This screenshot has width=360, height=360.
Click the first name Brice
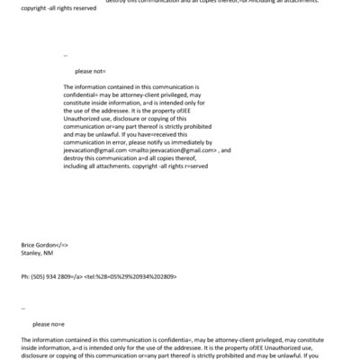point(28,245)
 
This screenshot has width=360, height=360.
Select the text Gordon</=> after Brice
point(53,245)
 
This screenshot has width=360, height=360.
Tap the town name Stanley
point(31,253)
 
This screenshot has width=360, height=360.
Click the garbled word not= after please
point(99,70)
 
